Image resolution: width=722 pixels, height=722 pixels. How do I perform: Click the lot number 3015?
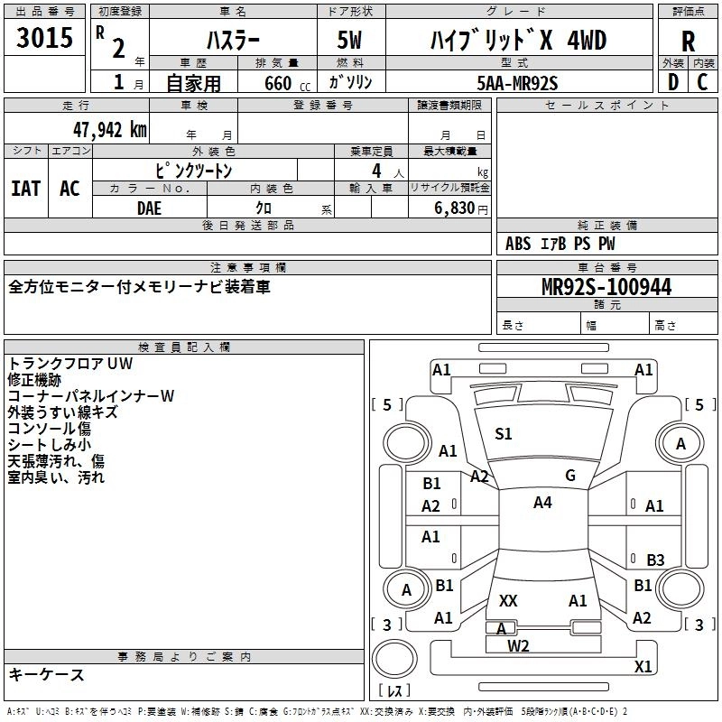(44, 39)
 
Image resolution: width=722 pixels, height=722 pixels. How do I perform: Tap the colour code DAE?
(150, 207)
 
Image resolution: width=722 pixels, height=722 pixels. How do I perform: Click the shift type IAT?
(26, 189)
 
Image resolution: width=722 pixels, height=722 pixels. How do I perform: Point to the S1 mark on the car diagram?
(504, 434)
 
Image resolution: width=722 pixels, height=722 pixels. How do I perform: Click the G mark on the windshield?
(570, 476)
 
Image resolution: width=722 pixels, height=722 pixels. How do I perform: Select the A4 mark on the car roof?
(542, 503)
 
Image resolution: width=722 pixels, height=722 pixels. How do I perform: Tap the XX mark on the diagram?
(508, 600)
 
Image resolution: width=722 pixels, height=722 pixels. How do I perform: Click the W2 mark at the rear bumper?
(518, 645)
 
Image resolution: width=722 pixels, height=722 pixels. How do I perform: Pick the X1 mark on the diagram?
(643, 667)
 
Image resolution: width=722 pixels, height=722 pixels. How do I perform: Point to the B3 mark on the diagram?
(654, 560)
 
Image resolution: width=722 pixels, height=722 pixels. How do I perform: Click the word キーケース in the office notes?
(47, 675)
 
